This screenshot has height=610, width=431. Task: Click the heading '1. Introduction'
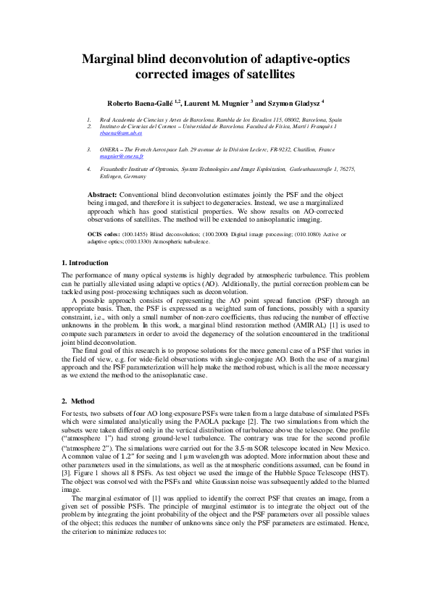tap(85, 262)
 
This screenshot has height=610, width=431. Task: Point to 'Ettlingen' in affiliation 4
tap(113, 176)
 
